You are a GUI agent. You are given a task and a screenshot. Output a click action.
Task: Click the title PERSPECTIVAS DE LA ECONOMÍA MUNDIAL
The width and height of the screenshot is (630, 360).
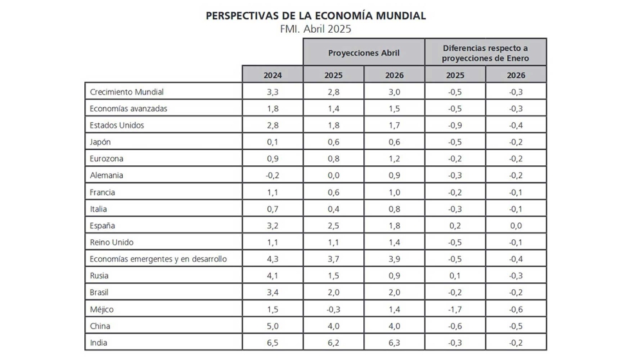316,15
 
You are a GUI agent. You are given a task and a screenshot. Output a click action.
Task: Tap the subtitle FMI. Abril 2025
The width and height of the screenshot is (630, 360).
316,29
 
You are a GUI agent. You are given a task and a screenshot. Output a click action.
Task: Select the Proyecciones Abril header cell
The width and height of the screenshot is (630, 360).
364,53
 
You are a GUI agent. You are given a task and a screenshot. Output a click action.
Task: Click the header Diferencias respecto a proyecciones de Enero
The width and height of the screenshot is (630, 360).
485,53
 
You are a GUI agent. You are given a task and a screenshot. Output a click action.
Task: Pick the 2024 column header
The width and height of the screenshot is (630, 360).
273,75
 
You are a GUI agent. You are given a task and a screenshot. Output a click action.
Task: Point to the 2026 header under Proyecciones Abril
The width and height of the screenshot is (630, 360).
394,75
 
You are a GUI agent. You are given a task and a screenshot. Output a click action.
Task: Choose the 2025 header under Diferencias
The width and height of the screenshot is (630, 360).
455,75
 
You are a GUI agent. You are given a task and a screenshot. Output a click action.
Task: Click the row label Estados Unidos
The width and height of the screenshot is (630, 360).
117,125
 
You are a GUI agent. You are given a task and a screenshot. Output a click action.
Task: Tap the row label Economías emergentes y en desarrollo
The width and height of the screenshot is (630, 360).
158,259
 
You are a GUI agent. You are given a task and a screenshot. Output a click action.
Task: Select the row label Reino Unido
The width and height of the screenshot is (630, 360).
112,242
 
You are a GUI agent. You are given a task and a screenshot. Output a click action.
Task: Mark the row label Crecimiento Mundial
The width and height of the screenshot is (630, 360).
127,92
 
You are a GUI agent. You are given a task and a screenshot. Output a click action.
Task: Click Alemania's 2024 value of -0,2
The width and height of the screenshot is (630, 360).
273,175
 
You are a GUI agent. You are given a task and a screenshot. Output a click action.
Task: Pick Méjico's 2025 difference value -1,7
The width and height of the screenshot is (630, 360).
455,309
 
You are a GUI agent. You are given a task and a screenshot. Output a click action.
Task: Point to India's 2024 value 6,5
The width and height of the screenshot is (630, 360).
273,343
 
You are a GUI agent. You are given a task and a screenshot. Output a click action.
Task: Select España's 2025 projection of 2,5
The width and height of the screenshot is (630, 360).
333,226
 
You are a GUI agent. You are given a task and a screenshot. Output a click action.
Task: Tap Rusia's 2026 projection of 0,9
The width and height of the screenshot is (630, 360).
394,276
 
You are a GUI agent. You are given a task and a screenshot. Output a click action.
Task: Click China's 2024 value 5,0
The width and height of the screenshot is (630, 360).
273,326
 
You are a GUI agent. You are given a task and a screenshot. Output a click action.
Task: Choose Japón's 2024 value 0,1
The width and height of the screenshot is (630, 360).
273,142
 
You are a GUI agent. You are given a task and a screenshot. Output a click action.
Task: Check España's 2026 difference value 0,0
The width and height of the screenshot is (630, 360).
516,226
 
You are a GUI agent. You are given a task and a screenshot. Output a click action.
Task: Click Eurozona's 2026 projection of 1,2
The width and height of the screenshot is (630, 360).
394,159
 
